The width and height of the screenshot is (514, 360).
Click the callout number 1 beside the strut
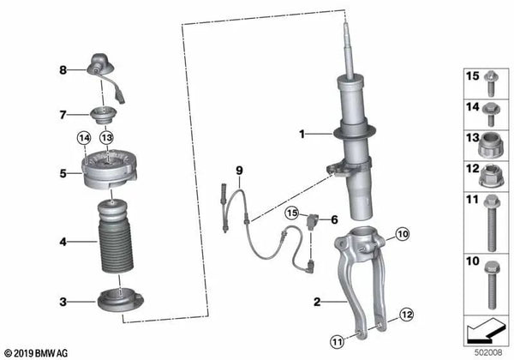[302, 134]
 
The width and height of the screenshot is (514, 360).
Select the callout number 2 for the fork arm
[316, 301]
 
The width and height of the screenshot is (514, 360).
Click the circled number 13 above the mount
[105, 137]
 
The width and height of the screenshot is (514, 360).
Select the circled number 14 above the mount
[84, 137]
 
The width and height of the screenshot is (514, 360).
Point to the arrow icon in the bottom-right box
[483, 328]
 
